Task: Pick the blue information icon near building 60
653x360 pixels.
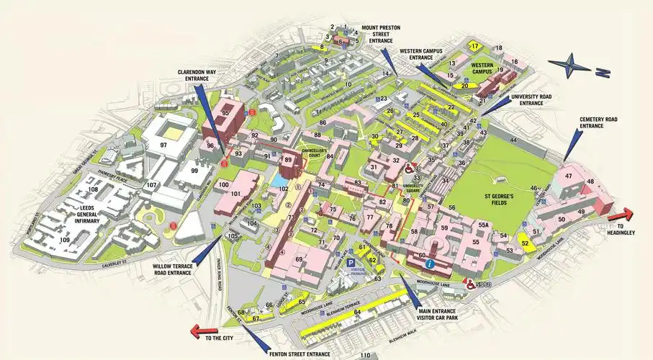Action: pyautogui.click(x=431, y=265)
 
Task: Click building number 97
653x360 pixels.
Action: pyautogui.click(x=164, y=145)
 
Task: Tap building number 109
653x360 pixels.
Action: pyautogui.click(x=65, y=240)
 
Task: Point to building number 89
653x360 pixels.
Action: pyautogui.click(x=287, y=160)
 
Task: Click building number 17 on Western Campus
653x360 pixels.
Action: pyautogui.click(x=474, y=45)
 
